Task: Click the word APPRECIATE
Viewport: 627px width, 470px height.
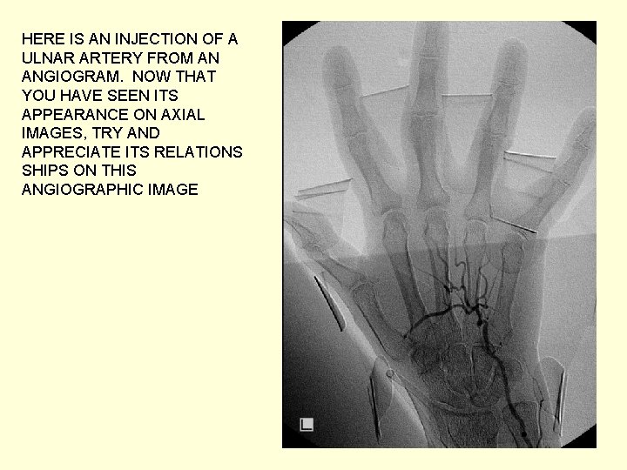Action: [x=69, y=152]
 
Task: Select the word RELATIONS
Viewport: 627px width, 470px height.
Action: [x=201, y=152]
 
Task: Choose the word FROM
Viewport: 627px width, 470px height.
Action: [x=178, y=57]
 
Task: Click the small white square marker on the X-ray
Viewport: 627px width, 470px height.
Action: [x=306, y=426]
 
